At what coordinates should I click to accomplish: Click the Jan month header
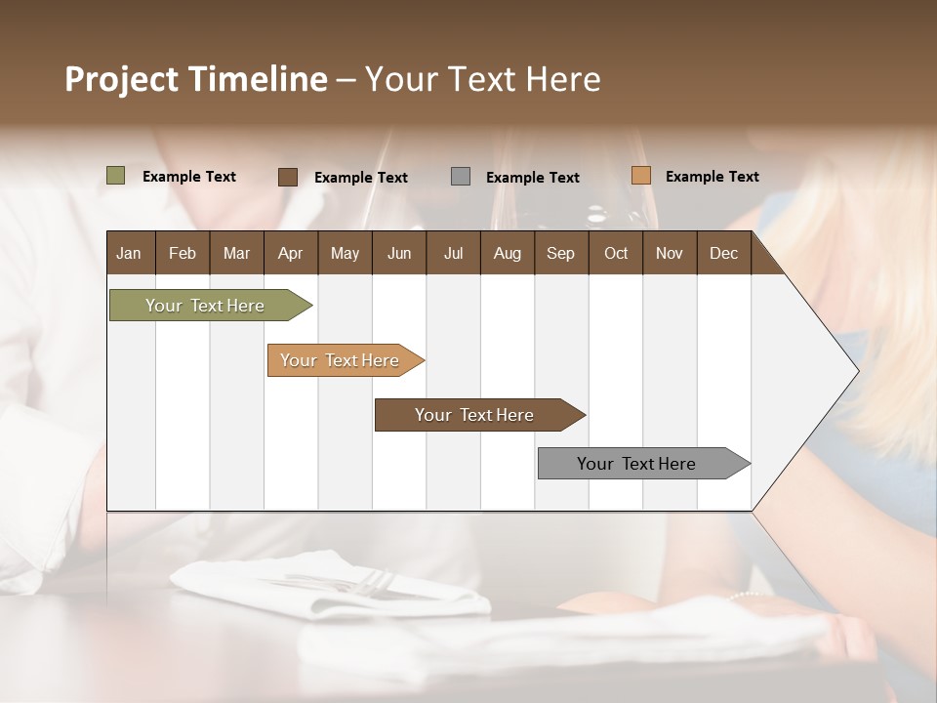(x=129, y=253)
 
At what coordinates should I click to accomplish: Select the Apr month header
(x=290, y=253)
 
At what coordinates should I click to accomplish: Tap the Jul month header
(x=453, y=253)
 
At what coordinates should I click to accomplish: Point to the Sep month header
(x=560, y=253)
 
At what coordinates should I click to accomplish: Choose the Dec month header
(x=723, y=253)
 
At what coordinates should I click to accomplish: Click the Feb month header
(x=183, y=253)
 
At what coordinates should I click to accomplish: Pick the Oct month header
(x=616, y=253)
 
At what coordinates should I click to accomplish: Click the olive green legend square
(x=116, y=176)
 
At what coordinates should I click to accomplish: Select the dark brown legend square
(x=288, y=177)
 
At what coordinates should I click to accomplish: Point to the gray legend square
(x=461, y=177)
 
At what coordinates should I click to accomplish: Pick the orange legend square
(x=640, y=176)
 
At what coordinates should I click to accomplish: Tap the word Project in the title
(x=120, y=79)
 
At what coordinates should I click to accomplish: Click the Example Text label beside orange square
(x=712, y=177)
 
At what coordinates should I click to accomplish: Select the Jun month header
(x=399, y=253)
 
